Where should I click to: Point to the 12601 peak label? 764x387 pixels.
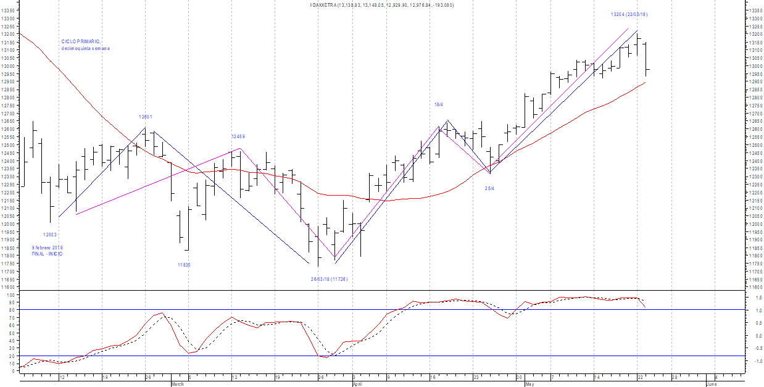click(x=145, y=117)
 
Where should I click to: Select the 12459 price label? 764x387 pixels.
click(x=238, y=136)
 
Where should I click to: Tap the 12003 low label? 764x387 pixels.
click(x=50, y=235)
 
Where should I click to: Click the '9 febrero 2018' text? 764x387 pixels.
click(x=48, y=248)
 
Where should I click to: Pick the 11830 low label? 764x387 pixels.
click(x=184, y=265)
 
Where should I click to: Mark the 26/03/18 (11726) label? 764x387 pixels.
click(x=329, y=279)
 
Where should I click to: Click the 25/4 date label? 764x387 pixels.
click(x=489, y=188)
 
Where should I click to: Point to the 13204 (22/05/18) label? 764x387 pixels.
click(x=629, y=14)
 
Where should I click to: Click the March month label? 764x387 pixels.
click(x=177, y=384)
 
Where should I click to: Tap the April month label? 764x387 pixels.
click(x=357, y=384)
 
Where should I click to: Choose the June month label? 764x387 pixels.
click(x=711, y=384)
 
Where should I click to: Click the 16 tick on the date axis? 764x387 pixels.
click(x=433, y=377)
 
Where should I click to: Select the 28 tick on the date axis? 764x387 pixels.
click(x=675, y=377)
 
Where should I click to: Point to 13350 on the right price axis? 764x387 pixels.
click(x=754, y=10)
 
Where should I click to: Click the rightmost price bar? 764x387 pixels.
click(x=646, y=70)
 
